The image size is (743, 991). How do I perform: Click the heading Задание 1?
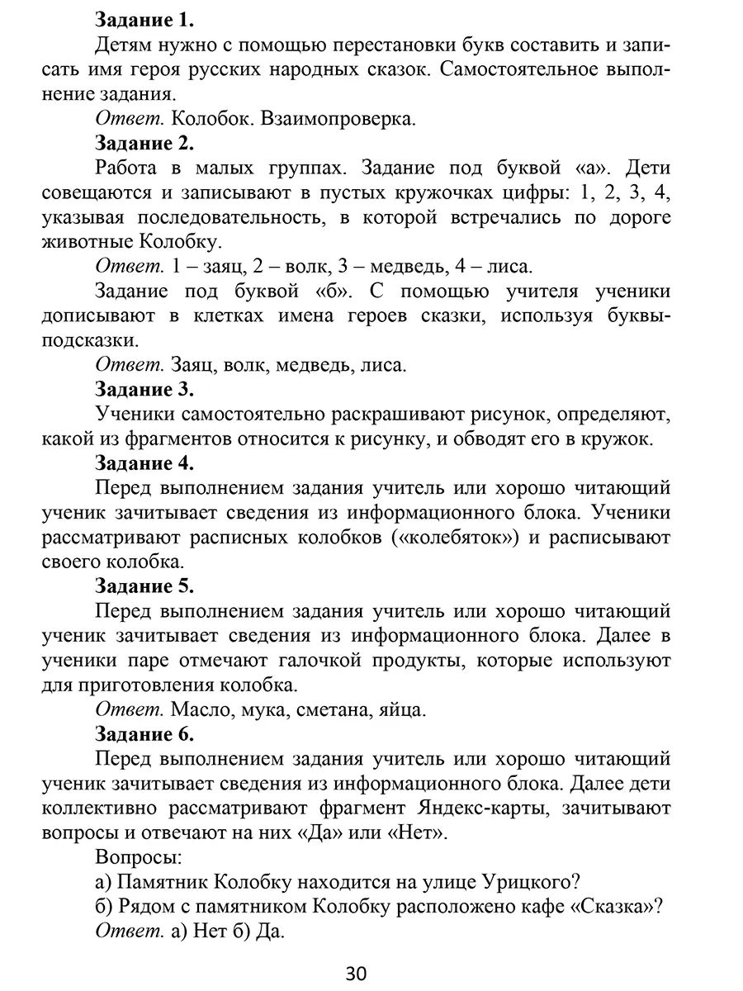(x=144, y=18)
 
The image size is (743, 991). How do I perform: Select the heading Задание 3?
(x=144, y=389)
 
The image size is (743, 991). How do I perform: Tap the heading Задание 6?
(x=144, y=733)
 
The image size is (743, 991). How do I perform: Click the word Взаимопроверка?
(x=338, y=118)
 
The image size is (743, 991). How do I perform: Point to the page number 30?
(x=356, y=973)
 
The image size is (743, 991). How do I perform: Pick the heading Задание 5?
(x=144, y=586)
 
